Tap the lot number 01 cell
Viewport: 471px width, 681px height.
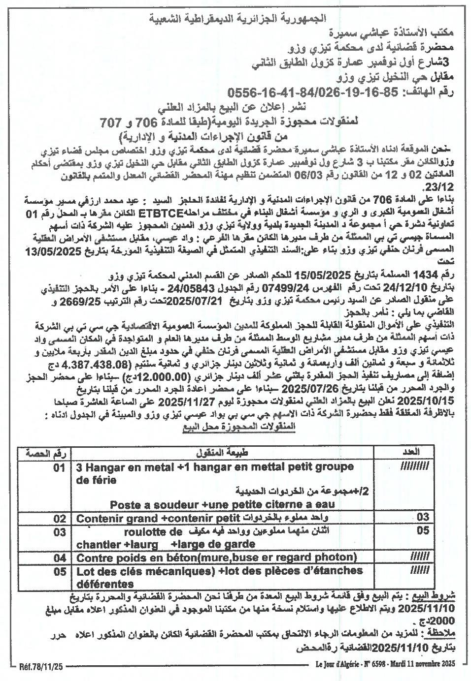pyautogui.click(x=59, y=468)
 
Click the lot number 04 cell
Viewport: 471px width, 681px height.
pyautogui.click(x=60, y=557)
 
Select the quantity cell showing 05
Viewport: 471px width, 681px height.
pyautogui.click(x=423, y=530)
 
